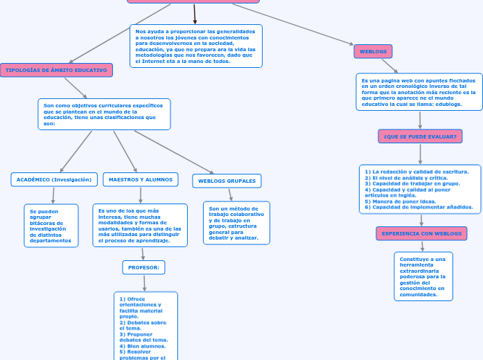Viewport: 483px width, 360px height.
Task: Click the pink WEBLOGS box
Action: tap(373, 51)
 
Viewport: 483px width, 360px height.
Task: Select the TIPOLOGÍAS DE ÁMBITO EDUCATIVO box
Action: tap(56, 70)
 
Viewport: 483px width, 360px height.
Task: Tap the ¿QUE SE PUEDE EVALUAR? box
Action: tap(420, 136)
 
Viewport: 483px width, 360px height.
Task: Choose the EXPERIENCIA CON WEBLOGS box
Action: tap(421, 233)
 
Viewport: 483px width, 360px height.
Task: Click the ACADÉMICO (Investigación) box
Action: tap(53, 179)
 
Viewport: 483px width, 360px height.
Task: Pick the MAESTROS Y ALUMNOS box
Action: tap(141, 179)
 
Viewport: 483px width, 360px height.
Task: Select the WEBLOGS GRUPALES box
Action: tap(227, 181)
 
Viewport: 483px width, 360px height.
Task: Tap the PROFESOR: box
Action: tap(144, 267)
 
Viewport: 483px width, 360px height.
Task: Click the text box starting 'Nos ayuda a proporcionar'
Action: tap(195, 46)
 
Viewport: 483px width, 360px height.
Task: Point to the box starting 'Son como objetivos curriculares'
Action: tap(103, 114)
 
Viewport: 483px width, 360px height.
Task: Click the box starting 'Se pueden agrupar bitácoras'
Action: tap(51, 226)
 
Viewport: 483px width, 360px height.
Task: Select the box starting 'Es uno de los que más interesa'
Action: tap(140, 225)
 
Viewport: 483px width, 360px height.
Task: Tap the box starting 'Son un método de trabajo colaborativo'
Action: tap(236, 223)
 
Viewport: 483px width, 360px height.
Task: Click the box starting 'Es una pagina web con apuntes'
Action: tap(419, 92)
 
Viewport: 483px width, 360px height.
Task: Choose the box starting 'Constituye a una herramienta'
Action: tap(423, 276)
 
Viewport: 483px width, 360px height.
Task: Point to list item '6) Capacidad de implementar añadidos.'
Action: tap(419, 207)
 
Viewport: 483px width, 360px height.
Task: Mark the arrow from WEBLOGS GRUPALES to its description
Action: tap(231, 195)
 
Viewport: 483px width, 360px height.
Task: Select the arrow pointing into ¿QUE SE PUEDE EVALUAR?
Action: tap(420, 120)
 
